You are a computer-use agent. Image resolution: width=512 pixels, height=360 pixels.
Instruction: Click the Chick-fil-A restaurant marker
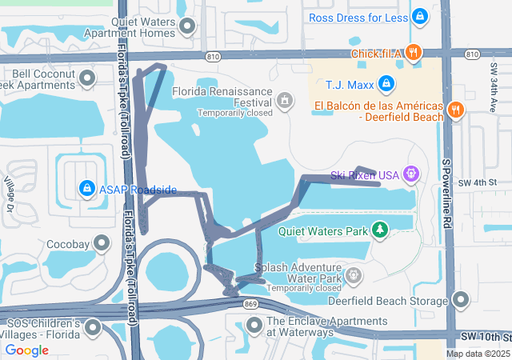(x=413, y=53)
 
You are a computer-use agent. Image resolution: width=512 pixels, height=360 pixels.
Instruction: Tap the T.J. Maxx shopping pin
(x=386, y=82)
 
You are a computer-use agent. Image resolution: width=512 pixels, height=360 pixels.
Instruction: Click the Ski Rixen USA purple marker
(x=412, y=173)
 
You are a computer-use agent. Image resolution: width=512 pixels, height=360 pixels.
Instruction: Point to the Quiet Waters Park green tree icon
(x=380, y=230)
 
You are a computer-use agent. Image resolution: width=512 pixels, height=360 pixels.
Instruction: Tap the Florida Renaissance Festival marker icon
(x=284, y=100)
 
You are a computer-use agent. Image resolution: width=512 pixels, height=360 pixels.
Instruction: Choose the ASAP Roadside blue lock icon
(x=86, y=189)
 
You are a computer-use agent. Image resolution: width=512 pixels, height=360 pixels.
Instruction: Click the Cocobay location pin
(x=102, y=242)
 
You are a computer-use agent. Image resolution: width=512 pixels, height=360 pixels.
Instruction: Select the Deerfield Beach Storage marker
(x=461, y=300)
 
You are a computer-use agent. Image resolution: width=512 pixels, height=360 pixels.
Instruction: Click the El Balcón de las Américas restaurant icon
(x=455, y=110)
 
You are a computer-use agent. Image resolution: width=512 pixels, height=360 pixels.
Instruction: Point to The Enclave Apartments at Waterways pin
(x=254, y=325)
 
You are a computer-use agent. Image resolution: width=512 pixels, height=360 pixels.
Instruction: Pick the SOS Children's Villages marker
(x=94, y=328)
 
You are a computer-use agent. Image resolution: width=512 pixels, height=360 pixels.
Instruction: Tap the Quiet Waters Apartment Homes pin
(x=188, y=27)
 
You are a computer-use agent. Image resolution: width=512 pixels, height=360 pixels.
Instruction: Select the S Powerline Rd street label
(x=447, y=193)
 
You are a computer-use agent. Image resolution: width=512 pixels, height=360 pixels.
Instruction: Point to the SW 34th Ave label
(x=493, y=87)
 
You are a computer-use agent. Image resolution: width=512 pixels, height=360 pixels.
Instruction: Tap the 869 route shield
(x=251, y=304)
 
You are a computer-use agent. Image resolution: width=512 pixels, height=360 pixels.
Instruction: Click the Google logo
(x=27, y=350)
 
